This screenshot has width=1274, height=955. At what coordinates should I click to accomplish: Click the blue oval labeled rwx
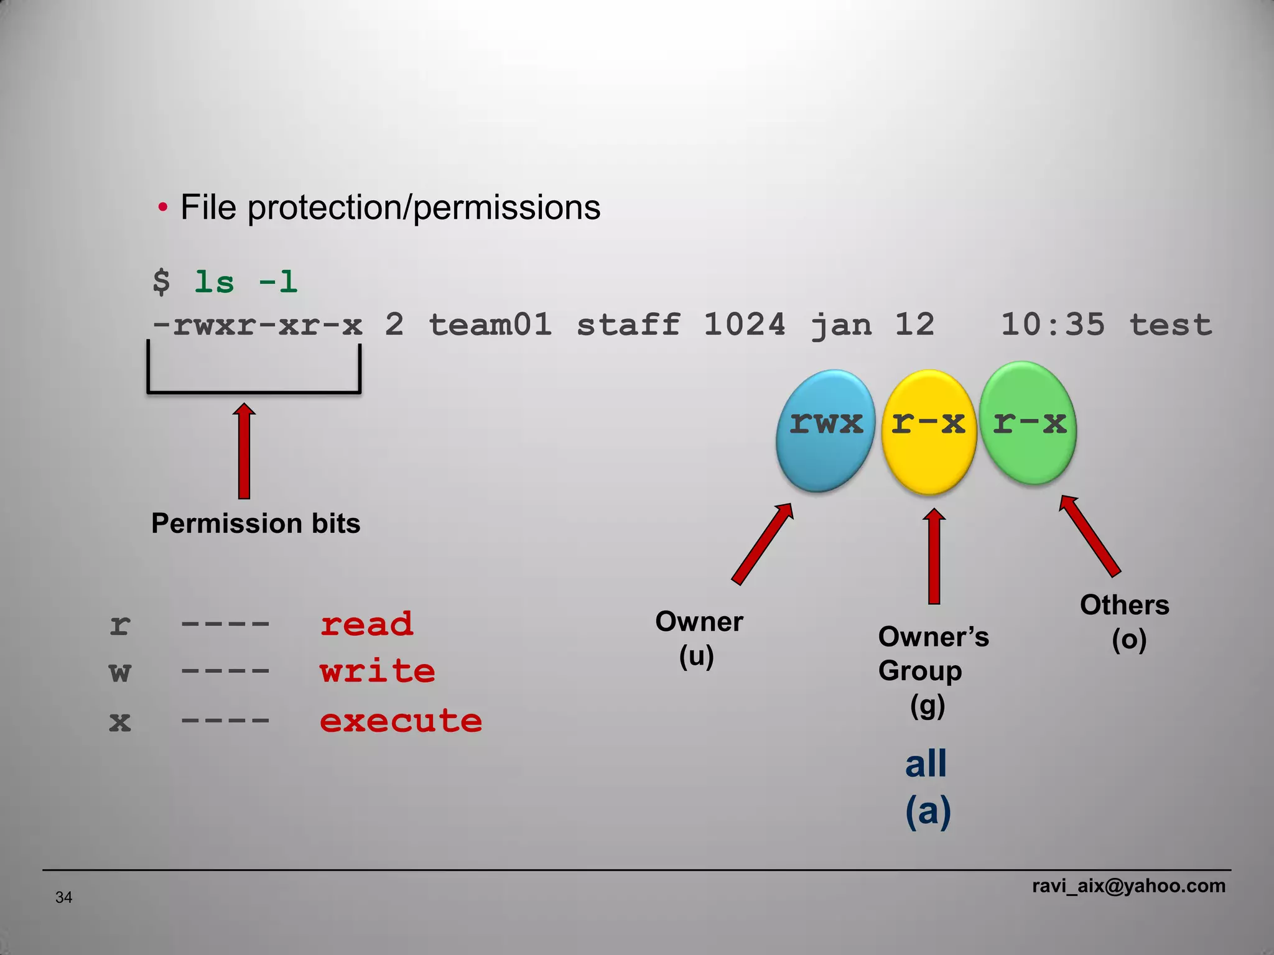pyautogui.click(x=825, y=430)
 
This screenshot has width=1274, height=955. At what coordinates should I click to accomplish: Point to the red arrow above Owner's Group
pyautogui.click(x=934, y=556)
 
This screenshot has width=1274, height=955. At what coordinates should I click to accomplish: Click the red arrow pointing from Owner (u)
pyautogui.click(x=763, y=543)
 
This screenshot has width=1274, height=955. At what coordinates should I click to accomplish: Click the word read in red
pyautogui.click(x=366, y=624)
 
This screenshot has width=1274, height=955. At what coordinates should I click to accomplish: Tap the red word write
pyautogui.click(x=377, y=671)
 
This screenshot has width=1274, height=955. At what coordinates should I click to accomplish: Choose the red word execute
pyautogui.click(x=401, y=721)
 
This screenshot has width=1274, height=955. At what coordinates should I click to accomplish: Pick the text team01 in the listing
pyautogui.click(x=490, y=325)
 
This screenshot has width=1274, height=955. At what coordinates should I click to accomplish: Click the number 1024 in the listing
pyautogui.click(x=744, y=325)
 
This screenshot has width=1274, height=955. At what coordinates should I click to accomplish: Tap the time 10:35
pyautogui.click(x=1052, y=325)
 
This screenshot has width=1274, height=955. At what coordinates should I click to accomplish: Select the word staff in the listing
pyautogui.click(x=628, y=325)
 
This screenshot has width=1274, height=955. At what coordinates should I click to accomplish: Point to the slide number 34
pyautogui.click(x=63, y=897)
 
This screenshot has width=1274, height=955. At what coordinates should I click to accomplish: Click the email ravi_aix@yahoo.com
pyautogui.click(x=1128, y=885)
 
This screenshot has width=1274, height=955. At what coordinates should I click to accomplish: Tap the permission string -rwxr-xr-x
pyautogui.click(x=258, y=325)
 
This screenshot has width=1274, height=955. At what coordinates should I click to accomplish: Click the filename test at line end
pyautogui.click(x=1170, y=325)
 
